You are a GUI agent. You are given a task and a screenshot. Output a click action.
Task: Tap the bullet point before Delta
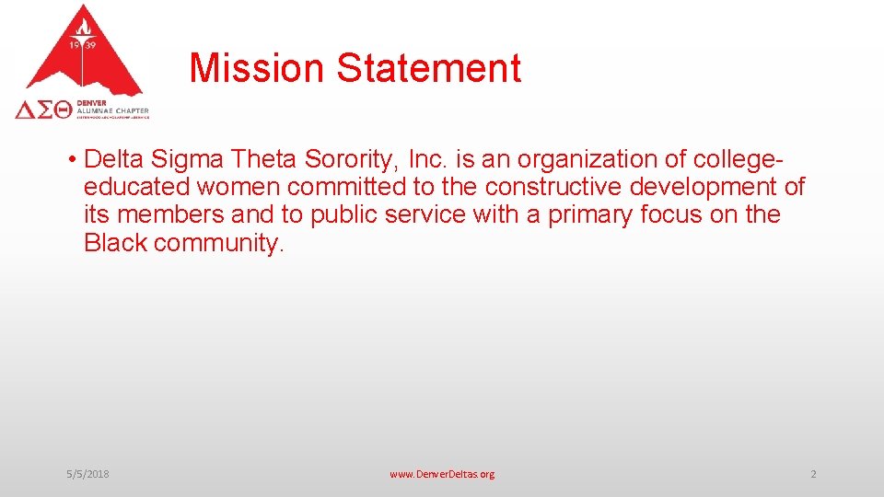tap(71, 160)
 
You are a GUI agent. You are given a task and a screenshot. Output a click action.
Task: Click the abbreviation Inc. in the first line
tap(427, 159)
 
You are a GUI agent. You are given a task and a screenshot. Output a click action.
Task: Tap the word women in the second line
tap(238, 187)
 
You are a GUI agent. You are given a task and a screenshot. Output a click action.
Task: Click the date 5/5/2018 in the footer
tap(87, 474)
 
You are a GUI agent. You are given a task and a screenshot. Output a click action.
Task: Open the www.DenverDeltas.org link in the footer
tap(442, 474)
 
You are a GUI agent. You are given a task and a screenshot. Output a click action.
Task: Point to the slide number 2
tap(813, 474)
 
